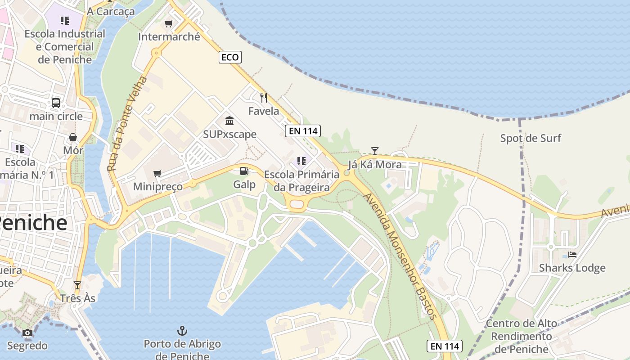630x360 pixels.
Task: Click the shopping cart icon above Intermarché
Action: pos(169,24)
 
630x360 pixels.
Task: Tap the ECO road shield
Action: pos(230,57)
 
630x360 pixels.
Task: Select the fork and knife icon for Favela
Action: pos(264,97)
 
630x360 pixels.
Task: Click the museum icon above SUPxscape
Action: pos(229,121)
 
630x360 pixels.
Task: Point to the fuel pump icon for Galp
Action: pos(244,171)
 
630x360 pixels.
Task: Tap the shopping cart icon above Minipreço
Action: pos(157,173)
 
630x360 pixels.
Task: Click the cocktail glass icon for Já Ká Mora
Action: pos(374,151)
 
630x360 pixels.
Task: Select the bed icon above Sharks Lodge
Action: pos(572,254)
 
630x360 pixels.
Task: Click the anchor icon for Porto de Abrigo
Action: pos(182,331)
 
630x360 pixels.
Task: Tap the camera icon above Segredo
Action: pos(27,333)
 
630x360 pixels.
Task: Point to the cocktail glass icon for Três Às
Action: pos(77,285)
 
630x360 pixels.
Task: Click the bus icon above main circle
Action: pos(56,103)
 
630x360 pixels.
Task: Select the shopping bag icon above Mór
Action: pos(73,137)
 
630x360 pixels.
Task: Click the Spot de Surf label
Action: pos(531,138)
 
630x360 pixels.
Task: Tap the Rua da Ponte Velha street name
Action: pos(127,124)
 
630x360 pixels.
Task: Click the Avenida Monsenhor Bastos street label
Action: pos(400,256)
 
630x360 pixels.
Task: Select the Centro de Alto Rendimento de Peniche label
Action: pos(522,336)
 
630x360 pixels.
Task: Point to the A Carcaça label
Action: pos(111,11)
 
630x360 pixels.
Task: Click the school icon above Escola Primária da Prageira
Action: pos(301,161)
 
